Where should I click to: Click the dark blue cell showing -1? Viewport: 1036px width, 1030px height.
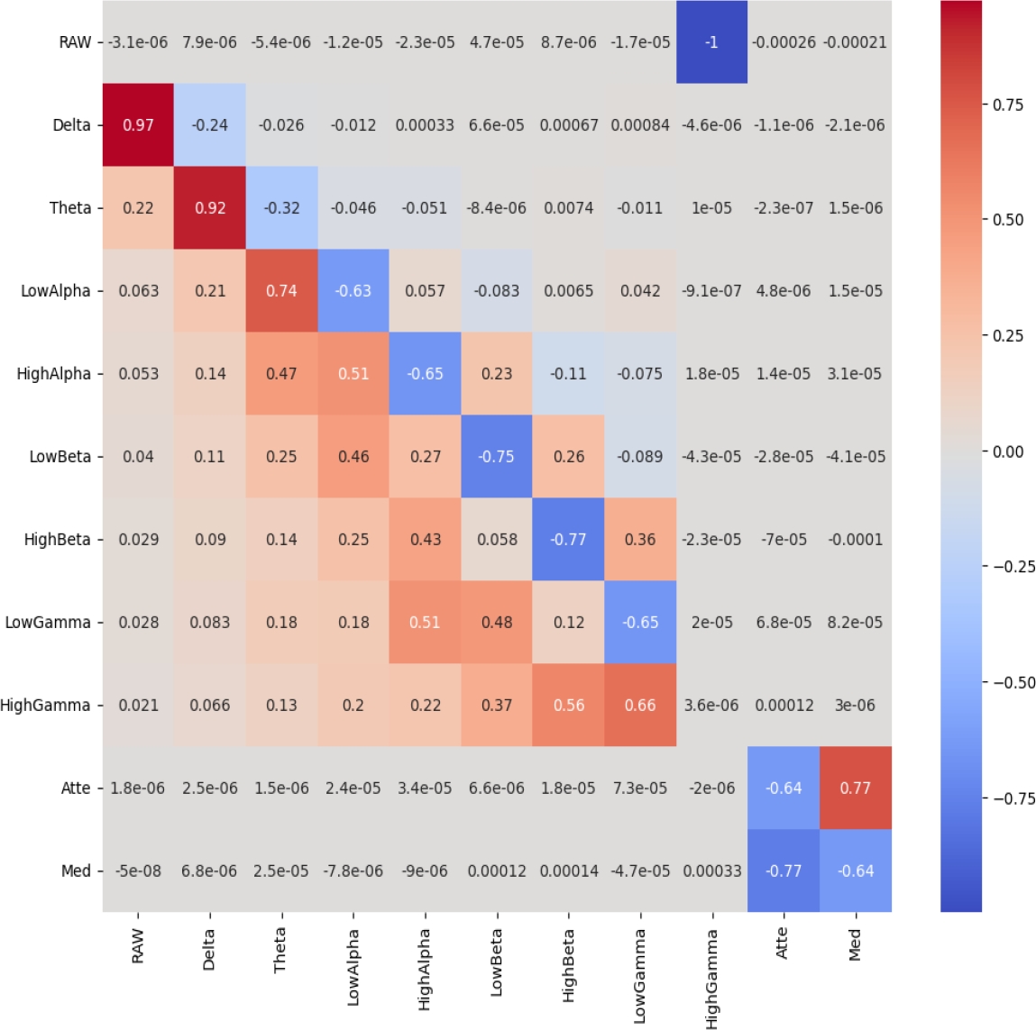pyautogui.click(x=711, y=42)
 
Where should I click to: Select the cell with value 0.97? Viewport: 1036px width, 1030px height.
pyautogui.click(x=138, y=125)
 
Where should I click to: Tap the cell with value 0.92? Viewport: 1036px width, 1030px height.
pyautogui.click(x=210, y=208)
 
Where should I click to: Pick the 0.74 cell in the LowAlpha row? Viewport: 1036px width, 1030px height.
pyautogui.click(x=281, y=291)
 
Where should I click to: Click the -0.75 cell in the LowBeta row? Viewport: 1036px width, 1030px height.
pyautogui.click(x=497, y=457)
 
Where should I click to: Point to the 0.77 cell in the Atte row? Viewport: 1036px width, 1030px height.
pyautogui.click(x=855, y=788)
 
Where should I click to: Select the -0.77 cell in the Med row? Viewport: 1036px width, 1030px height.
pyautogui.click(x=784, y=870)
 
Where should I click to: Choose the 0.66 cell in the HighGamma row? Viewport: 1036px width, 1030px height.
pyautogui.click(x=640, y=706)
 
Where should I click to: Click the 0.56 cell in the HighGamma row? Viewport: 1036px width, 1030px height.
pyautogui.click(x=569, y=706)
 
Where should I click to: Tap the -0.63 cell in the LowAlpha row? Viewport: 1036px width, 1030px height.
pyautogui.click(x=353, y=291)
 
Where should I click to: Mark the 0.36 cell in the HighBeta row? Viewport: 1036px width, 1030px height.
pyautogui.click(x=640, y=540)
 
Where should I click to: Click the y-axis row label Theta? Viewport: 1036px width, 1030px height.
pyautogui.click(x=70, y=208)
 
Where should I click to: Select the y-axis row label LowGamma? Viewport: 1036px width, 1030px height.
pyautogui.click(x=48, y=623)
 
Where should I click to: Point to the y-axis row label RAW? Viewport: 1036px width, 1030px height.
pyautogui.click(x=75, y=42)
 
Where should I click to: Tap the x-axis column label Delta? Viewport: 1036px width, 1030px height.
pyautogui.click(x=209, y=950)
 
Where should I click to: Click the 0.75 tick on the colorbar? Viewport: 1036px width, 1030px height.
pyautogui.click(x=1007, y=105)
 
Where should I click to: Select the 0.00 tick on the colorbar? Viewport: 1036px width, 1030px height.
pyautogui.click(x=1007, y=451)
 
